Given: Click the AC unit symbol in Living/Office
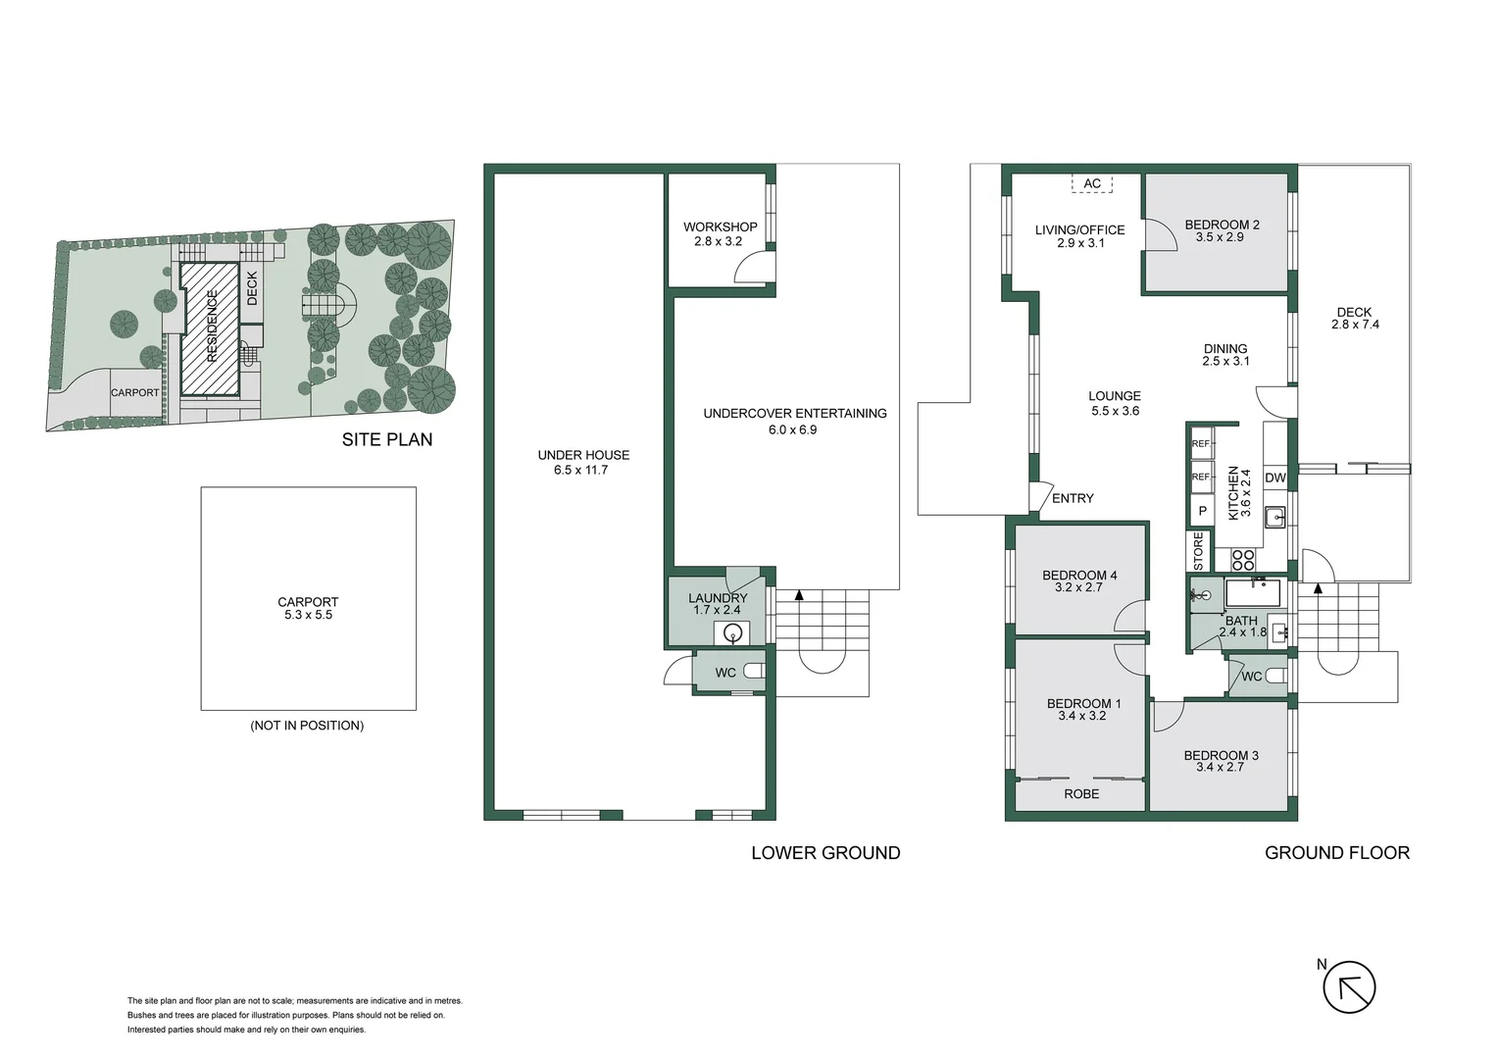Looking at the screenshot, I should tap(1092, 183).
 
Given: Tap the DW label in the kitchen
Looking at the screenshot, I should tap(1275, 478).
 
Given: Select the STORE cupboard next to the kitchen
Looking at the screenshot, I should tap(1198, 551).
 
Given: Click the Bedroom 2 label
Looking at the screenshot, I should tap(1222, 225).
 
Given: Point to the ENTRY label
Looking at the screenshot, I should tap(1073, 498).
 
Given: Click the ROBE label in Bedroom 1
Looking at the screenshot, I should tap(1081, 794).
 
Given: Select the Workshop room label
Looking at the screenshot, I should tap(721, 227).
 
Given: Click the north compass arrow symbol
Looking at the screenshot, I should tap(1349, 986).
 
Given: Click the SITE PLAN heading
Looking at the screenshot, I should tap(387, 440).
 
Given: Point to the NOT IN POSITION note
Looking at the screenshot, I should tap(307, 726).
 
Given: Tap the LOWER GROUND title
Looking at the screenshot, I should tap(825, 853).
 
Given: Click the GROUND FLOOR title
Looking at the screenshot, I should tap(1337, 853).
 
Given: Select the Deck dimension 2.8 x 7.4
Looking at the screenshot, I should tap(1355, 325).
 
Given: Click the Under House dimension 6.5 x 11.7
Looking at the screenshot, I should tap(583, 470).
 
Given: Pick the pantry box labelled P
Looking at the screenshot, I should tap(1202, 512).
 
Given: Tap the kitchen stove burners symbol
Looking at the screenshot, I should tap(1243, 560).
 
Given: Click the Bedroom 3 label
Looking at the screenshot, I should tap(1221, 755).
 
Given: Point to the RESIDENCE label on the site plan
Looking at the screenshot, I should tap(212, 327).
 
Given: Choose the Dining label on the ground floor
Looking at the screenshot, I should tap(1225, 348).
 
